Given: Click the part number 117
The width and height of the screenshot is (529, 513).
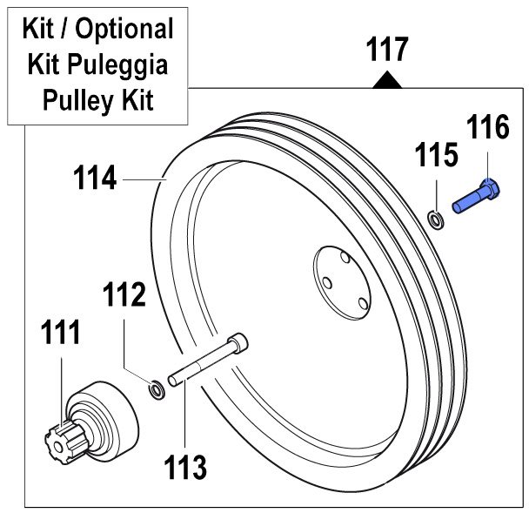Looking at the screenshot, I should pyautogui.click(x=386, y=50).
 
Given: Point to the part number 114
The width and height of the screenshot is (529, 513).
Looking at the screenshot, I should pyautogui.click(x=94, y=179).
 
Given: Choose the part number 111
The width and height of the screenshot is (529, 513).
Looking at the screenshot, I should pyautogui.click(x=60, y=333).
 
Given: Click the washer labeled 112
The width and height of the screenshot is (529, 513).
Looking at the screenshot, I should pyautogui.click(x=156, y=387).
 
